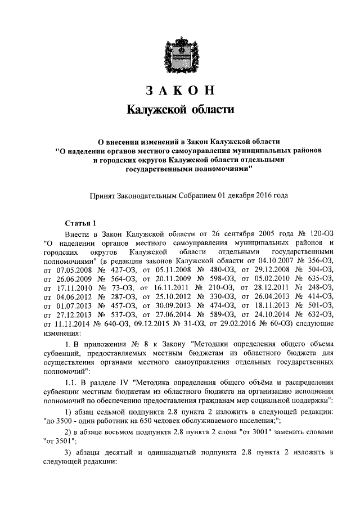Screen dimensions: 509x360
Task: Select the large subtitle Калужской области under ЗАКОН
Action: pos(179,109)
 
